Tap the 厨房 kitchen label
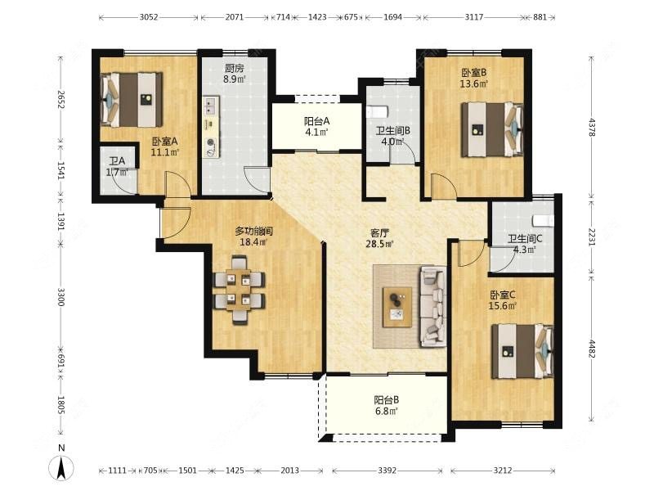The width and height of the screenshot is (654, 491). click(x=234, y=68)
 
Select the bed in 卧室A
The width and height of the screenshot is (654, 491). click(x=132, y=100)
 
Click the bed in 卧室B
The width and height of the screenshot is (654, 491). click(x=492, y=130)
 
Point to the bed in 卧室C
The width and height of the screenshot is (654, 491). click(x=522, y=352)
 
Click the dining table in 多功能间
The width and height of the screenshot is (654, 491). click(x=239, y=290)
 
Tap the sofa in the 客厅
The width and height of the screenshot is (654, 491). click(x=433, y=306)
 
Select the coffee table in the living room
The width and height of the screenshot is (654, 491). click(x=397, y=307)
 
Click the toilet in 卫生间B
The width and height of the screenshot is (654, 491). click(x=378, y=111)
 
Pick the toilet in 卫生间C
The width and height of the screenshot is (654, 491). click(x=544, y=220)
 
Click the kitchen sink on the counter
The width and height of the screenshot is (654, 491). click(x=211, y=106)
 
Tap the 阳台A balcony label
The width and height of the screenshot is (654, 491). click(x=316, y=121)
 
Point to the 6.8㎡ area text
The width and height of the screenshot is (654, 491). click(x=386, y=412)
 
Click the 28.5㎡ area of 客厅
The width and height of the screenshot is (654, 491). click(x=379, y=244)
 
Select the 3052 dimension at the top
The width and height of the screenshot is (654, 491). click(x=149, y=17)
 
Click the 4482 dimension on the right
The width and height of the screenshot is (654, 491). click(x=591, y=349)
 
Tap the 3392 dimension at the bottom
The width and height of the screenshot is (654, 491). click(x=387, y=471)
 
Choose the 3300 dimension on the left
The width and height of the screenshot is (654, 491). click(x=61, y=297)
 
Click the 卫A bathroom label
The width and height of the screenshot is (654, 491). click(x=117, y=160)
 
